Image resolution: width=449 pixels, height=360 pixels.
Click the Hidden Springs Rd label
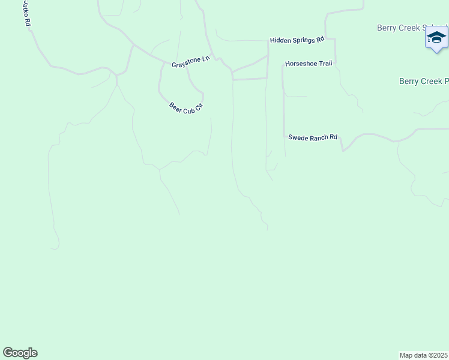297,40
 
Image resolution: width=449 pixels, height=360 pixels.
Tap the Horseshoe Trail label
309,64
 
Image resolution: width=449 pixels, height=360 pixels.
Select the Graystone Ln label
191,62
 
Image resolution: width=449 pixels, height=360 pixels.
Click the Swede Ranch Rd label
313,137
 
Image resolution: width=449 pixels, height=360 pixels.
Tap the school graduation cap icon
436,38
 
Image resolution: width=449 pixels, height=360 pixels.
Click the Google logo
20,353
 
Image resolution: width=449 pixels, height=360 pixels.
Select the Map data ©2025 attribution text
424,355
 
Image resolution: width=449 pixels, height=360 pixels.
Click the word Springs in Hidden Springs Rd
303,40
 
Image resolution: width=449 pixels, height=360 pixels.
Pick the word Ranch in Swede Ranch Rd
318,137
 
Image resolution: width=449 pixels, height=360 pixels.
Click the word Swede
298,137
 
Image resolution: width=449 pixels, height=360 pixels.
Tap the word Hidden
280,40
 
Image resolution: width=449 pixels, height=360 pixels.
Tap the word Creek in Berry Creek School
410,28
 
